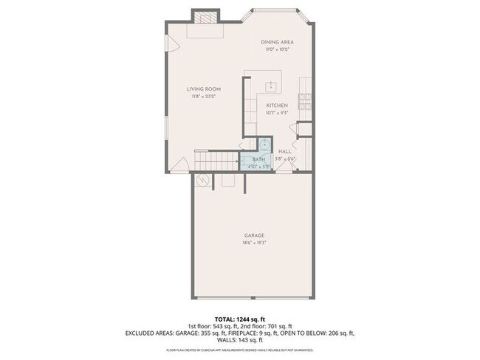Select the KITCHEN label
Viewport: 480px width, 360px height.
pyautogui.click(x=277, y=105)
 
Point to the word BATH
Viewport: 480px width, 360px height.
pyautogui.click(x=258, y=159)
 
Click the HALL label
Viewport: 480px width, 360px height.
pyautogui.click(x=285, y=151)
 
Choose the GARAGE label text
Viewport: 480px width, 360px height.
pyautogui.click(x=254, y=235)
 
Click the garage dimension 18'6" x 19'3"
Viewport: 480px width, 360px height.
pyautogui.click(x=254, y=243)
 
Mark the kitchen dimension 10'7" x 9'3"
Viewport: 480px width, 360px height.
pyautogui.click(x=277, y=113)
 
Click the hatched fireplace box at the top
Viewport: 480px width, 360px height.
pyautogui.click(x=206, y=17)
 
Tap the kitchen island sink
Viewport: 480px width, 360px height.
pyautogui.click(x=271, y=85)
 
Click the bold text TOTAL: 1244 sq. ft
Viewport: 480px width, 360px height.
pyautogui.click(x=239, y=318)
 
